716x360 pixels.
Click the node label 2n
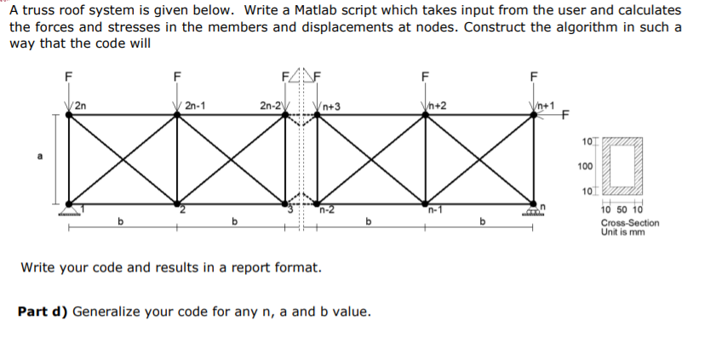[79, 106]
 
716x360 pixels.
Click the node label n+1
[545, 106]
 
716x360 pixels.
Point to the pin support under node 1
[68, 212]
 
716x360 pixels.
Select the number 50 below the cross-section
[619, 210]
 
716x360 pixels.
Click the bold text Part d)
[43, 311]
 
